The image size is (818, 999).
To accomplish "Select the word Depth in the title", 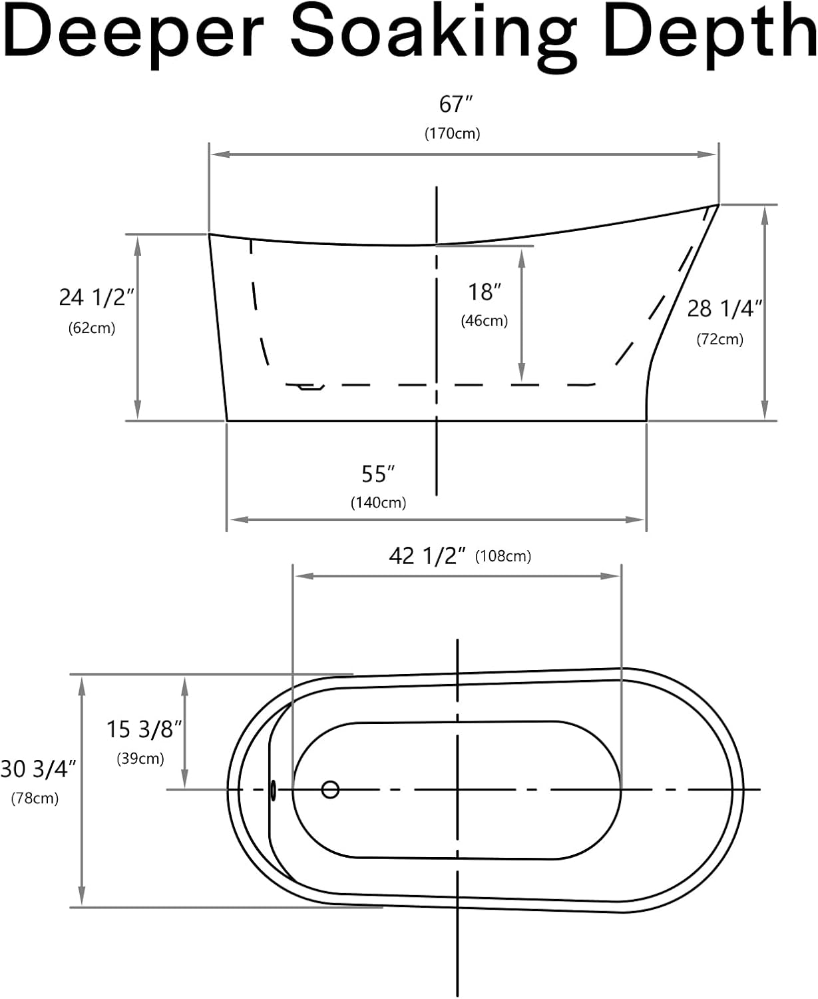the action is [x=711, y=35].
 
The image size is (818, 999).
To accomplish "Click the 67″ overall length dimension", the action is [x=456, y=104].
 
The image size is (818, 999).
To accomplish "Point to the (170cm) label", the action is [x=452, y=134].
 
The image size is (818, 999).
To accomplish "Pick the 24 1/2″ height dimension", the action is [x=97, y=298].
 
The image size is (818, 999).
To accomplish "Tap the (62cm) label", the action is [x=92, y=328].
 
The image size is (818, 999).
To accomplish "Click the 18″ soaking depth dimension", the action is [x=485, y=292].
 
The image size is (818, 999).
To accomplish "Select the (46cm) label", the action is [x=485, y=321].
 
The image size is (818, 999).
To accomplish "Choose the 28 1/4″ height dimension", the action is [x=725, y=309].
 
